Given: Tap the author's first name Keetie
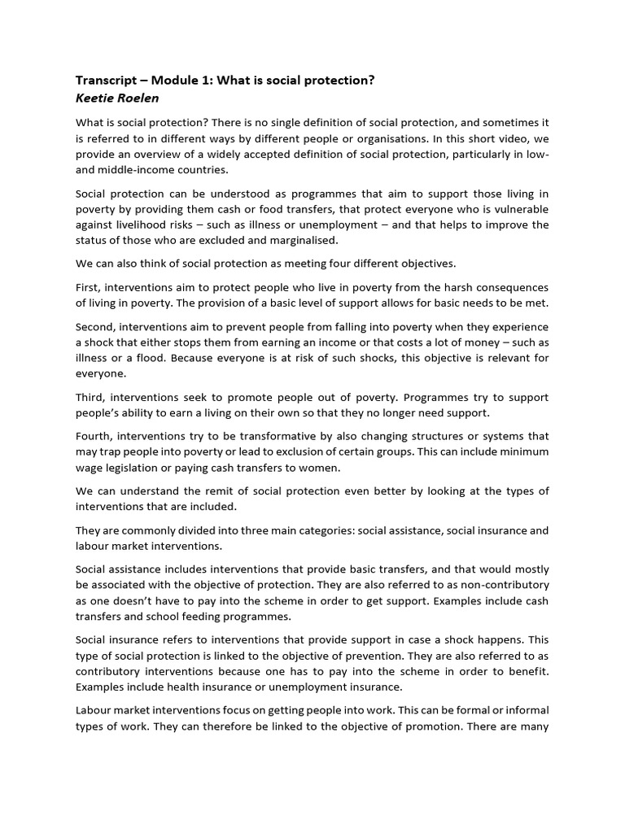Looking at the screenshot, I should click(x=96, y=98).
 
